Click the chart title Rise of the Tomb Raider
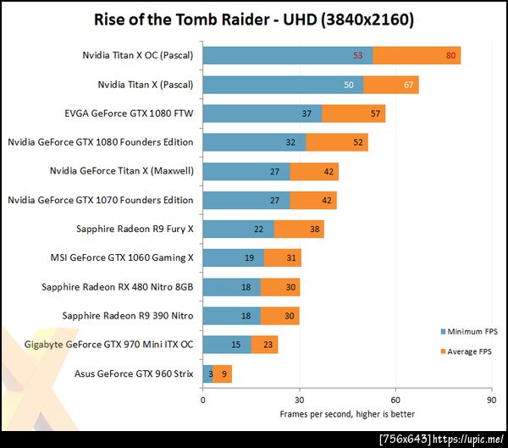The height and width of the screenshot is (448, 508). (x=254, y=19)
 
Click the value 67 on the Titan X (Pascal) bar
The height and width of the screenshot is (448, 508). (x=408, y=86)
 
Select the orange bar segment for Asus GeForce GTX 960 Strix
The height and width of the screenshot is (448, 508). (x=223, y=373)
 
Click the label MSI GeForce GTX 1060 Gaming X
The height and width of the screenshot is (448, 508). (x=123, y=257)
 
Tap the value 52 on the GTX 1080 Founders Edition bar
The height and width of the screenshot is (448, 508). (x=360, y=142)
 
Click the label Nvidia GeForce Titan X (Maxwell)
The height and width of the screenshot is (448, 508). (x=122, y=171)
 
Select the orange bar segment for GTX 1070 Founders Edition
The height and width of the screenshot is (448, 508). (x=313, y=200)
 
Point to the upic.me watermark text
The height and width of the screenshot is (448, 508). (x=471, y=438)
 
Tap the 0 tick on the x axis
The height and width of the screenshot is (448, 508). (x=203, y=399)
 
